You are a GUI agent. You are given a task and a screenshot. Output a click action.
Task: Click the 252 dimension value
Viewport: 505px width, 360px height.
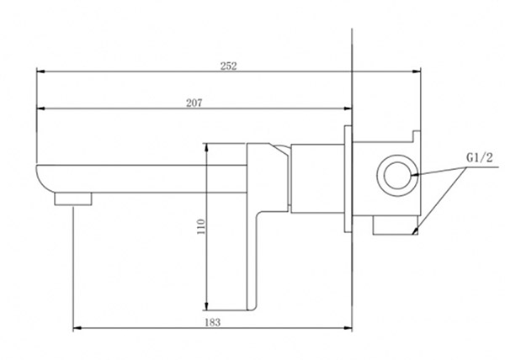[x=229, y=66]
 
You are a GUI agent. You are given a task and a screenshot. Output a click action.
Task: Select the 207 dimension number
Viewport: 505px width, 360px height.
[x=194, y=103]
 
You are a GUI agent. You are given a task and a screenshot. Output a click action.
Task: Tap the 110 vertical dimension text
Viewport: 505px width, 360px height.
[x=201, y=226]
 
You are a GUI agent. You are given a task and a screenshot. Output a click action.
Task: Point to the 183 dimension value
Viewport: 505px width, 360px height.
[x=213, y=322]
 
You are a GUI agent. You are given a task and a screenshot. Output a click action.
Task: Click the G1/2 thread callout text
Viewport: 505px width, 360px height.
[x=480, y=157]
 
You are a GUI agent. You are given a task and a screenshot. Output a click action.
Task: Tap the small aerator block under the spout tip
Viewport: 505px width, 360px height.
[x=73, y=199]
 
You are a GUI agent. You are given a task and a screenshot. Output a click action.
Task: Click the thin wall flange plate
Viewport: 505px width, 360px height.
[x=348, y=178]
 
